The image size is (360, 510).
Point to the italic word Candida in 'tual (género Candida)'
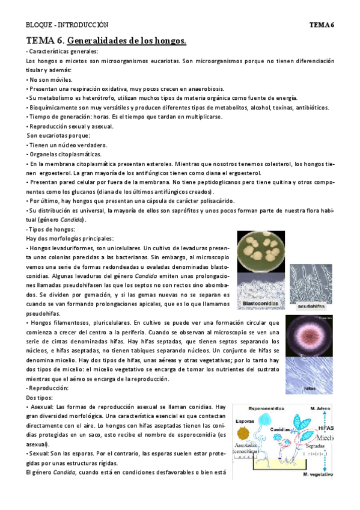coord(74,220)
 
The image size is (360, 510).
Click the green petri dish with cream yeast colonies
coord(262,251)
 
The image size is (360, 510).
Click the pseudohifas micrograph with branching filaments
coord(313,283)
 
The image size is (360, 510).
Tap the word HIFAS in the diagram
coord(327,428)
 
